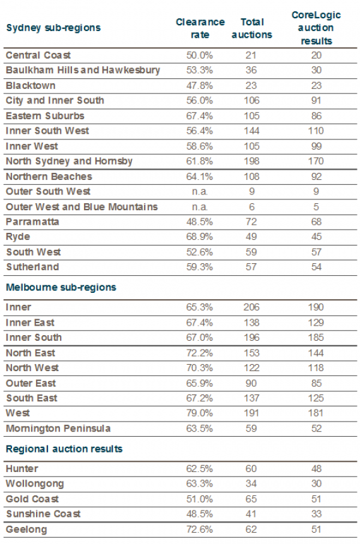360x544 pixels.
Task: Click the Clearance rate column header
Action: tap(200, 28)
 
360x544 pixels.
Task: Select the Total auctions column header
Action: tap(252, 28)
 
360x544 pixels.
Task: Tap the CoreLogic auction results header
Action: tap(316, 28)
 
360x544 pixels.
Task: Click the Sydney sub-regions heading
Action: tap(54, 28)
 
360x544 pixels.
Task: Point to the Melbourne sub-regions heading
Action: tap(61, 287)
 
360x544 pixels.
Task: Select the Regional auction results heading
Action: tap(64, 449)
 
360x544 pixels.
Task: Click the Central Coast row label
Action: tap(38, 55)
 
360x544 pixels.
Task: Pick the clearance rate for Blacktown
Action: tap(200, 86)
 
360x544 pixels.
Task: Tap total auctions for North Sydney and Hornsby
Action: tap(251, 161)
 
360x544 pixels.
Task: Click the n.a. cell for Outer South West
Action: tap(200, 191)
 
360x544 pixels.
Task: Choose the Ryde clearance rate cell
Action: tap(200, 237)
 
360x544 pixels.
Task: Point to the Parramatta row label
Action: tap(33, 222)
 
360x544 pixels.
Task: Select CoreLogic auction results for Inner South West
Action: tap(316, 131)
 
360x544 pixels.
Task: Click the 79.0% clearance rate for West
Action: tap(200, 413)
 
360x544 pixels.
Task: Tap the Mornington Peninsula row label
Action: tap(58, 429)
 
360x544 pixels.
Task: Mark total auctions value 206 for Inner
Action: tap(251, 307)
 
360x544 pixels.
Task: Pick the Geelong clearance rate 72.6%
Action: tap(200, 529)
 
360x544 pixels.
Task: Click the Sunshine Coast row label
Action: tap(44, 514)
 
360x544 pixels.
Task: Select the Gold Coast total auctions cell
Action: tap(251, 499)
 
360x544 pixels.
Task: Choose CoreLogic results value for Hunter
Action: tap(316, 469)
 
